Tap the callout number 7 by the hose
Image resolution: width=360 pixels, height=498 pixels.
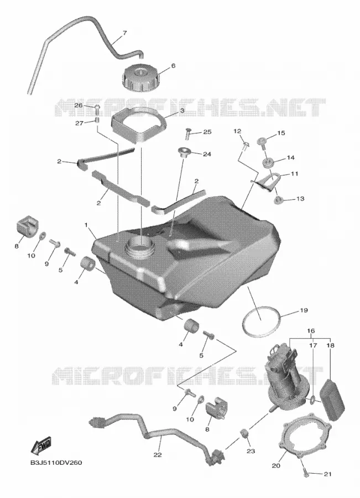tap(125, 33)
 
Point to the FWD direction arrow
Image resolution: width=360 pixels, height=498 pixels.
tap(41, 445)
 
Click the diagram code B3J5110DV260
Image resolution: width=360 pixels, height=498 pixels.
tap(56, 463)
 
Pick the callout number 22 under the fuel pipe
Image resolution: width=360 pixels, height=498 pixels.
tap(158, 455)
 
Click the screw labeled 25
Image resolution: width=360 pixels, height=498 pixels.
tap(187, 133)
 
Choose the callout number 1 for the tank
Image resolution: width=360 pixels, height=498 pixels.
tap(86, 225)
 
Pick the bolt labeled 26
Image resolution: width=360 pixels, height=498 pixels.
tap(97, 110)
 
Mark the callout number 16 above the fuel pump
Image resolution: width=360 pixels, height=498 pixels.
tap(311, 331)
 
